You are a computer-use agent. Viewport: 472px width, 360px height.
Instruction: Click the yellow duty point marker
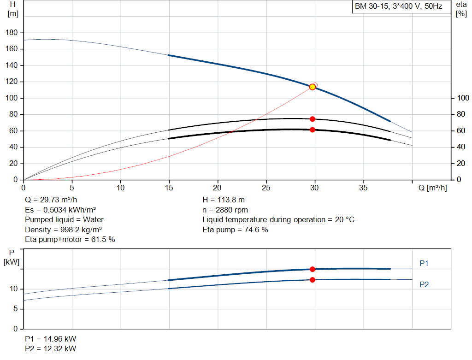pyautogui.click(x=313, y=87)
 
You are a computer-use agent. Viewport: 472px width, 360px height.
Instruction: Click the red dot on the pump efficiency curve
pyautogui.click(x=313, y=119)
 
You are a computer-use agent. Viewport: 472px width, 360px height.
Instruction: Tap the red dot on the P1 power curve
pyautogui.click(x=313, y=269)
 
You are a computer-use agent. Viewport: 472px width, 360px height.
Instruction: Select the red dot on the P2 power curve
pyautogui.click(x=313, y=280)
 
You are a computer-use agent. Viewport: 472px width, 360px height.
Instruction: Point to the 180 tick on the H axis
pyautogui.click(x=12, y=33)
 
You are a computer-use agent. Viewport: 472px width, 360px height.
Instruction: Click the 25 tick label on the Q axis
pyautogui.click(x=266, y=188)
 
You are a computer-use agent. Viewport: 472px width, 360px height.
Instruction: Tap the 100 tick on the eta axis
pyautogui.click(x=463, y=98)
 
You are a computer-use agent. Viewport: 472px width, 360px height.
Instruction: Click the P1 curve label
pyautogui.click(x=424, y=263)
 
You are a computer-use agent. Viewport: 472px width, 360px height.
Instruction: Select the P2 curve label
pyautogui.click(x=424, y=284)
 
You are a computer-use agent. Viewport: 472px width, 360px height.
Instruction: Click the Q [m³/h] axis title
pyautogui.click(x=432, y=188)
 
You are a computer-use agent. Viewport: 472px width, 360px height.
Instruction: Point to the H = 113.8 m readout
pyautogui.click(x=224, y=200)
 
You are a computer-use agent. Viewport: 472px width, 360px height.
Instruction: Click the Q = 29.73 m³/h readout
pyautogui.click(x=51, y=200)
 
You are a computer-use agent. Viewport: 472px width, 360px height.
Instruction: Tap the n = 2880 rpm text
pyautogui.click(x=225, y=210)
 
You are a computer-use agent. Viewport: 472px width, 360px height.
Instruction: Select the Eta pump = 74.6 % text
pyautogui.click(x=235, y=230)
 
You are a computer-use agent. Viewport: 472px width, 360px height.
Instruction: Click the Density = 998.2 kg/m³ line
pyautogui.click(x=63, y=230)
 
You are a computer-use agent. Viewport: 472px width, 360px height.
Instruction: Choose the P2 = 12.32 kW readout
pyautogui.click(x=51, y=348)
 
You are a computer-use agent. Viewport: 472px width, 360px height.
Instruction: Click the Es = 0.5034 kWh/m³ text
pyautogui.click(x=60, y=210)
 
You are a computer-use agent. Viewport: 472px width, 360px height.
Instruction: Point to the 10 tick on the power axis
pyautogui.click(x=13, y=289)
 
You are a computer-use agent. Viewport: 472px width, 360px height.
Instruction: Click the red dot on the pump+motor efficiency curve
pyautogui.click(x=313, y=130)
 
